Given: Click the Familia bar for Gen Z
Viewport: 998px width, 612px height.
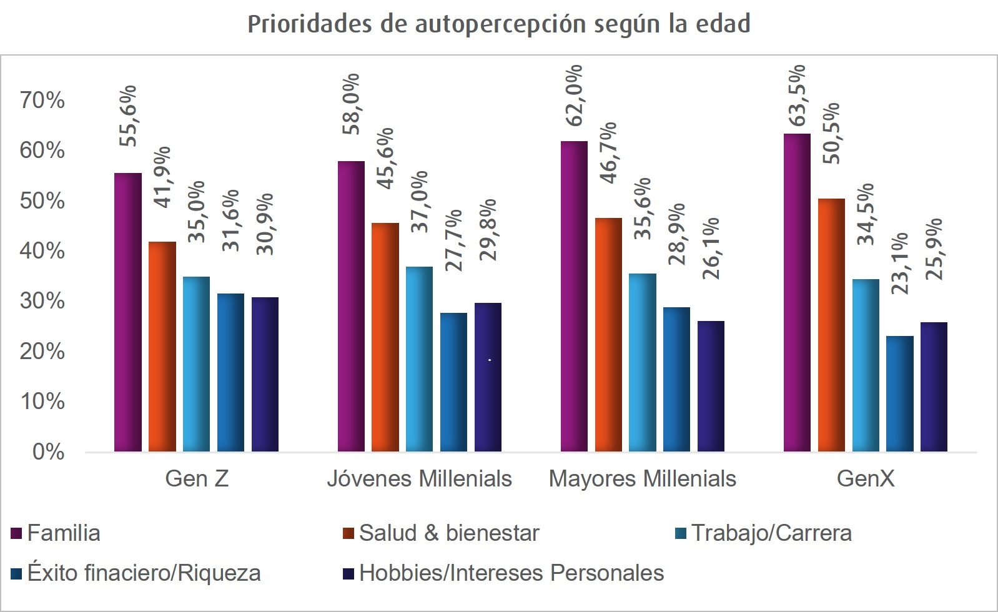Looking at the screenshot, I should coord(128,312).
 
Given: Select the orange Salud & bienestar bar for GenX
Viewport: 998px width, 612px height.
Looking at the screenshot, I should coord(831,325).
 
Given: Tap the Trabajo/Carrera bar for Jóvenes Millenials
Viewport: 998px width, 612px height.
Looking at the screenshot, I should coord(419,359).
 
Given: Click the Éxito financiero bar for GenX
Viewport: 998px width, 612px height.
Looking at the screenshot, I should coord(900,393).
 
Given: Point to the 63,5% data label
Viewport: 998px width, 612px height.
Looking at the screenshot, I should coord(797,95).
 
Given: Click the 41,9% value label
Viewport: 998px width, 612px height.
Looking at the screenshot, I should coord(162,177).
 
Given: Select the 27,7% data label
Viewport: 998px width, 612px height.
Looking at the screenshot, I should coord(453,240).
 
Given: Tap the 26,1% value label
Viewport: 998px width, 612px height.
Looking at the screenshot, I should coord(711,248).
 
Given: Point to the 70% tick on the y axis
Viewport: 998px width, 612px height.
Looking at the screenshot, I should coord(42,100).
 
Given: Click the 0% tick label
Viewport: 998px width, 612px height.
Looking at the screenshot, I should coord(48,452).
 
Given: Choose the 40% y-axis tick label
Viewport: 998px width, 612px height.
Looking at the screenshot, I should coord(42,251).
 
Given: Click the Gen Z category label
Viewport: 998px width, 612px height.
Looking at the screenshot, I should coord(197,479).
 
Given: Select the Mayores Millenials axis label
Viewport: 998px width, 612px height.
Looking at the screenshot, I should coord(642,479).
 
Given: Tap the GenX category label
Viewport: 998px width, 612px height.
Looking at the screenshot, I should coord(865,479).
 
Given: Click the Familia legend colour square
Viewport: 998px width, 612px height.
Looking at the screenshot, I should coord(17,533).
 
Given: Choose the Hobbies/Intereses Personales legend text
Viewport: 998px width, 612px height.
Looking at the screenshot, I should coord(511,573).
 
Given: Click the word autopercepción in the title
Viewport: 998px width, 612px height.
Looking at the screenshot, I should coord(500,24).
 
